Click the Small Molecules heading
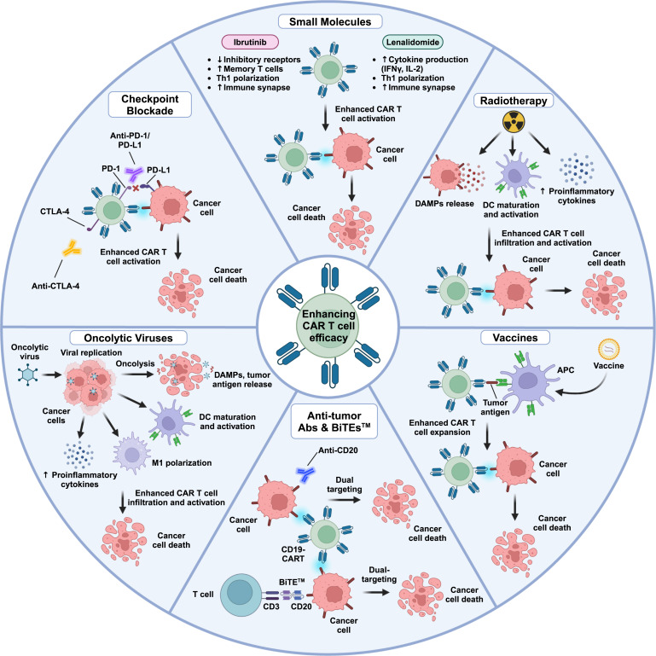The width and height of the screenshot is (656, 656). click(x=328, y=19)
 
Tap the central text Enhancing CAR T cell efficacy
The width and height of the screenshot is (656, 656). click(x=327, y=328)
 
